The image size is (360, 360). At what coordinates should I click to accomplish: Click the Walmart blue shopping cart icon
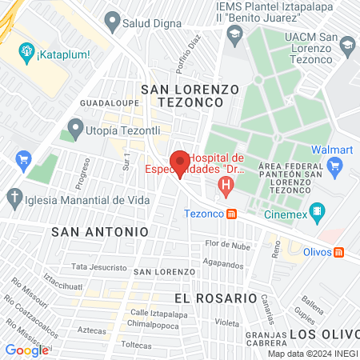pos(335,167)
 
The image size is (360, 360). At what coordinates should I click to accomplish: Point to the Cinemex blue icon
pos(318,212)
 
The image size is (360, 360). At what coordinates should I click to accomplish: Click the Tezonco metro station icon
pos(231,214)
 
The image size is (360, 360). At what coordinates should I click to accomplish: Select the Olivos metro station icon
pos(338,252)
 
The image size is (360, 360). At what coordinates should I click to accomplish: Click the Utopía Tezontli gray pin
pos(76,127)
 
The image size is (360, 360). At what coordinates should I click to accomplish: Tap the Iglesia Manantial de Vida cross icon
pos(14,196)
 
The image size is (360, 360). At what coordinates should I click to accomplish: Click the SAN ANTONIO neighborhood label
pos(100,231)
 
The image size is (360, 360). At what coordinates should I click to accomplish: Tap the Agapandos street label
pos(222,262)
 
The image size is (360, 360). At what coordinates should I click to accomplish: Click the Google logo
pos(26,350)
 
